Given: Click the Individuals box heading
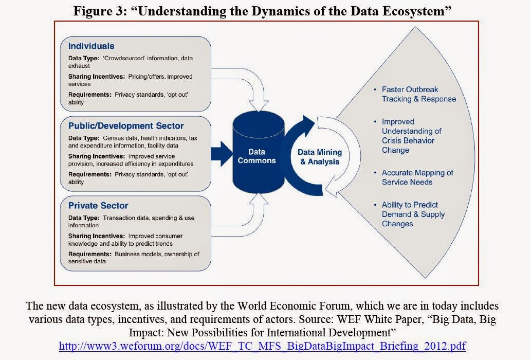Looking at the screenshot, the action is pyautogui.click(x=91, y=46).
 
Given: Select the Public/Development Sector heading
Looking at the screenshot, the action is pyautogui.click(x=125, y=125).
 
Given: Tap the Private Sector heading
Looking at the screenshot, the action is pyautogui.click(x=98, y=205).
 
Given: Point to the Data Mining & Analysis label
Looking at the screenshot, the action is pyautogui.click(x=320, y=157).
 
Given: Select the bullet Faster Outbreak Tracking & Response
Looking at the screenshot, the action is pyautogui.click(x=418, y=94).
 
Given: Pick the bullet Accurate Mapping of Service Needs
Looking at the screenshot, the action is pyautogui.click(x=417, y=177).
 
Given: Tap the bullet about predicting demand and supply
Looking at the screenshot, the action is pyautogui.click(x=413, y=214).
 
